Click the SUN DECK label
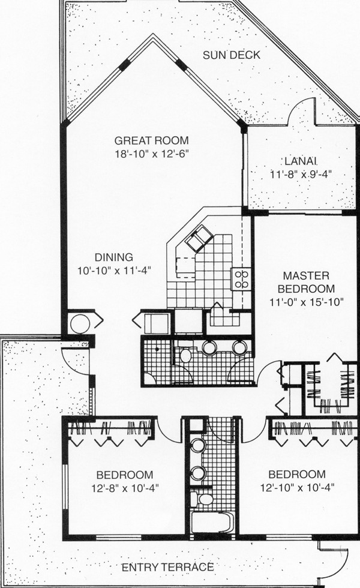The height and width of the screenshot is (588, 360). (232, 55)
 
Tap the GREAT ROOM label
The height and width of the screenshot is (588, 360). (151, 140)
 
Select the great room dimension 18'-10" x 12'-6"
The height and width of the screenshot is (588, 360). (151, 154)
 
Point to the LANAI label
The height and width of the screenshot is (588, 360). (301, 161)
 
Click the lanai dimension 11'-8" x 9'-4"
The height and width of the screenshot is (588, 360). (301, 175)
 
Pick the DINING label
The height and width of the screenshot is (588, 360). (114, 257)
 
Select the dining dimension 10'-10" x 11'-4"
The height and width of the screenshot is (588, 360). (114, 271)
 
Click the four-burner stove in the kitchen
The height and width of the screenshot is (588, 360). (241, 280)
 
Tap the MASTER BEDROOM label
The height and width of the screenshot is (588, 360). (306, 283)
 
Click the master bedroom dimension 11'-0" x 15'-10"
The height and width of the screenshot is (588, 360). (306, 302)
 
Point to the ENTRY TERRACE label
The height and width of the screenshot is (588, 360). (167, 567)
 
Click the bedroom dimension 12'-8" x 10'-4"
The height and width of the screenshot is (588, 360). (125, 488)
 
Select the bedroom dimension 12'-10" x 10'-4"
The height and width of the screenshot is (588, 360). (297, 487)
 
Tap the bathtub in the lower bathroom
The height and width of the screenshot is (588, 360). (212, 522)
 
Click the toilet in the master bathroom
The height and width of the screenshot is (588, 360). (185, 354)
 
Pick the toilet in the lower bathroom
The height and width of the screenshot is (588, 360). (202, 499)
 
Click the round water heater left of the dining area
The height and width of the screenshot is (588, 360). (80, 323)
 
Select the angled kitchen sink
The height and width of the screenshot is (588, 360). (200, 238)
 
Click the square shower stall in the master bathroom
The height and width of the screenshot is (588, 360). (157, 361)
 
